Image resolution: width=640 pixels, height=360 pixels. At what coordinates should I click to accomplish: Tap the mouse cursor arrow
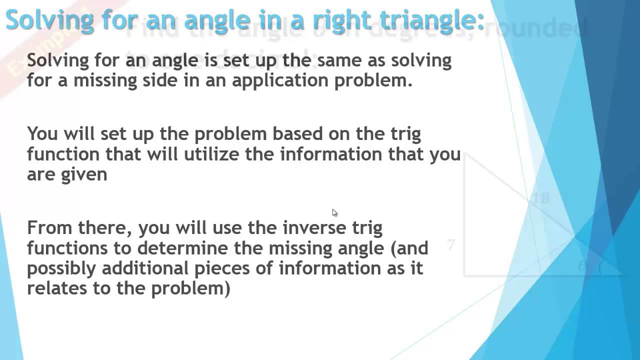pyautogui.click(x=334, y=212)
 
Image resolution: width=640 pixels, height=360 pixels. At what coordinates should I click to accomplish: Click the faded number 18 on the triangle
pyautogui.click(x=540, y=198)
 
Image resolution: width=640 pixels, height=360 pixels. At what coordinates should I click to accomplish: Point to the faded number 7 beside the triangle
pyautogui.click(x=451, y=244)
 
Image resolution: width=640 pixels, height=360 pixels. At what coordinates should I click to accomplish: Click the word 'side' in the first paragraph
pyautogui.click(x=159, y=80)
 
